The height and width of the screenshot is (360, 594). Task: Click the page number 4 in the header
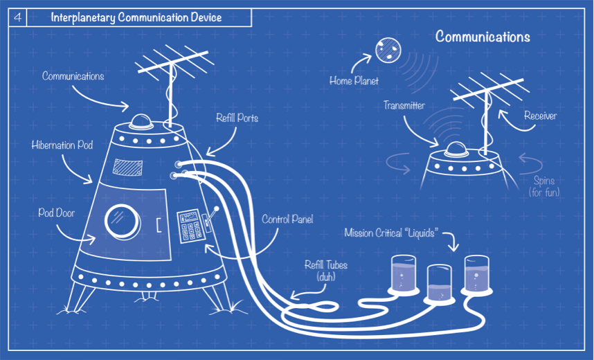pyautogui.click(x=17, y=18)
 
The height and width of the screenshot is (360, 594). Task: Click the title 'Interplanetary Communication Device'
pyautogui.click(x=136, y=18)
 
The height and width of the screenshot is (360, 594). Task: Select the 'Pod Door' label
pyautogui.click(x=56, y=213)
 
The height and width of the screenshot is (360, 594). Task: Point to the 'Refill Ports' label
pyautogui.click(x=237, y=118)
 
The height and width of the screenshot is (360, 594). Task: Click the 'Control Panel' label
pyautogui.click(x=287, y=219)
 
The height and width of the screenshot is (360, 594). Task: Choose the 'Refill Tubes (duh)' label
pyautogui.click(x=325, y=270)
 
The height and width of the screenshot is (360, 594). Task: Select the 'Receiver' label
pyautogui.click(x=540, y=116)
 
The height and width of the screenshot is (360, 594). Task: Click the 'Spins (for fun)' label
pyautogui.click(x=544, y=186)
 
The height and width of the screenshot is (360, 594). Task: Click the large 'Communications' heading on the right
pyautogui.click(x=483, y=37)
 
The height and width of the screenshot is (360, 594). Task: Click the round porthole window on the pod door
pyautogui.click(x=120, y=221)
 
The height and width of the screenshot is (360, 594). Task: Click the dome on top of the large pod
pyautogui.click(x=142, y=120)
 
